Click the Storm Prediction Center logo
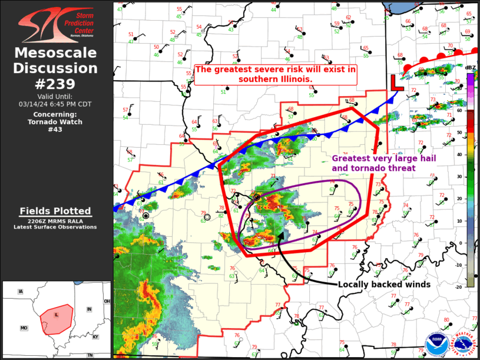(x=56, y=25)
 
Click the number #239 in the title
(x=56, y=83)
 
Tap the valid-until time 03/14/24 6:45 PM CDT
(x=56, y=104)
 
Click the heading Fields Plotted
(x=56, y=211)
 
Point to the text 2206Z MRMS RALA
(x=56, y=221)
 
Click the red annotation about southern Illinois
(x=276, y=74)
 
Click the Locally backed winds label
(x=384, y=285)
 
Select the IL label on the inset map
(x=57, y=315)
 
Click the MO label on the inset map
(x=24, y=328)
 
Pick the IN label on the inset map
(x=89, y=309)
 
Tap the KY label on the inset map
(x=95, y=336)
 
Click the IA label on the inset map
(x=21, y=292)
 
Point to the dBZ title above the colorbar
(x=469, y=68)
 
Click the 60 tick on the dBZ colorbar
(x=459, y=111)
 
